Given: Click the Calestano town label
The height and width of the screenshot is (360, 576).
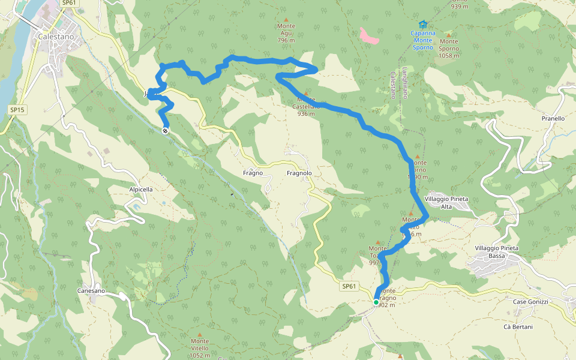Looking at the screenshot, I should click(56, 36).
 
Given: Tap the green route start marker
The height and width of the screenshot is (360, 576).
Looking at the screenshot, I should click(376, 302).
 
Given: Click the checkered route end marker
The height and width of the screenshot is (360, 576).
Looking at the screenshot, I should click(165, 130).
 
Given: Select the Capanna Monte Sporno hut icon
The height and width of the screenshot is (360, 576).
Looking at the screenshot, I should click(423, 25).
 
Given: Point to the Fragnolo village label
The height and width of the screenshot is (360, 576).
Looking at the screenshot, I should click(299, 173).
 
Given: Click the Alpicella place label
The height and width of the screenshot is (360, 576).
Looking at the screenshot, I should click(141, 189).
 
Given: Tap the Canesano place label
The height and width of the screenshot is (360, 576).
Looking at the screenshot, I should click(91, 291).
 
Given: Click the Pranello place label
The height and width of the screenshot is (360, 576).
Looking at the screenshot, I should click(553, 118).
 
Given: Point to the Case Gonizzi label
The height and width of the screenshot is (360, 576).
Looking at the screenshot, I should click(531, 302).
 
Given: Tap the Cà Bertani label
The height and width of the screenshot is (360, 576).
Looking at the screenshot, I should click(518, 327).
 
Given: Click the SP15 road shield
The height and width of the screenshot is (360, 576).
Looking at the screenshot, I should click(17, 110).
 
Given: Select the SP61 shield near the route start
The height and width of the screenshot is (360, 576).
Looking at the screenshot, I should click(349, 287).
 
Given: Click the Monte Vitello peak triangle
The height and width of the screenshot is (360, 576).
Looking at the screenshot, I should click(200, 334).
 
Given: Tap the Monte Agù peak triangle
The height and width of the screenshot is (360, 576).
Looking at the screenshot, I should click(286, 19).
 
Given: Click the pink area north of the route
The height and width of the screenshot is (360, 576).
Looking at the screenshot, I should click(369, 36).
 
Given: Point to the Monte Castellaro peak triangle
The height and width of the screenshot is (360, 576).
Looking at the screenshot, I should click(306, 94).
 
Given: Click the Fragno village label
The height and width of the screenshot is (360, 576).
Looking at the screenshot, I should click(253, 173).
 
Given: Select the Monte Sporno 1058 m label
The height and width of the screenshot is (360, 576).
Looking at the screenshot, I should click(449, 49).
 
